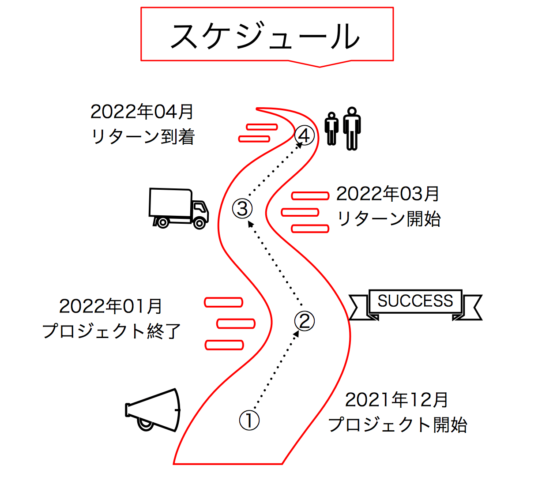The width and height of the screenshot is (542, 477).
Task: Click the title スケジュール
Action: [x=265, y=36]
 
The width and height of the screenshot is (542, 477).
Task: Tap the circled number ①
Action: [x=249, y=420]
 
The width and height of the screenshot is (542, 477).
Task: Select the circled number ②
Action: [x=305, y=321]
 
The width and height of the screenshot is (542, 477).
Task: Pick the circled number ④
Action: [x=305, y=135]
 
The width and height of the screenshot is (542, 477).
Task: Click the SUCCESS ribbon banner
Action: [x=415, y=302]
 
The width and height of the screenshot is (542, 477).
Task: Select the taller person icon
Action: [x=352, y=128]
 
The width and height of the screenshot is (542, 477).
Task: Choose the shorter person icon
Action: [x=332, y=128]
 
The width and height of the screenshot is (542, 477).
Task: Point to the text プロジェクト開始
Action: [x=398, y=425]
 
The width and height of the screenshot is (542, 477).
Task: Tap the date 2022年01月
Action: [x=111, y=306]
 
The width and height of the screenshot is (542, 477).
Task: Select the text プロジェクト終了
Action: [x=112, y=331]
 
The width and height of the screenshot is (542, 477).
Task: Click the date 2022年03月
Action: [x=388, y=193]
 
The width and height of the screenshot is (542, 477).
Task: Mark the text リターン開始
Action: [x=389, y=218]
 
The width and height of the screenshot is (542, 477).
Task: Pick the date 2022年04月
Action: [x=142, y=112]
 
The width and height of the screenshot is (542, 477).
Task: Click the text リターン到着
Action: [x=143, y=137]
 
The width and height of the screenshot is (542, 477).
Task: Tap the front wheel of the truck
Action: [x=199, y=223]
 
